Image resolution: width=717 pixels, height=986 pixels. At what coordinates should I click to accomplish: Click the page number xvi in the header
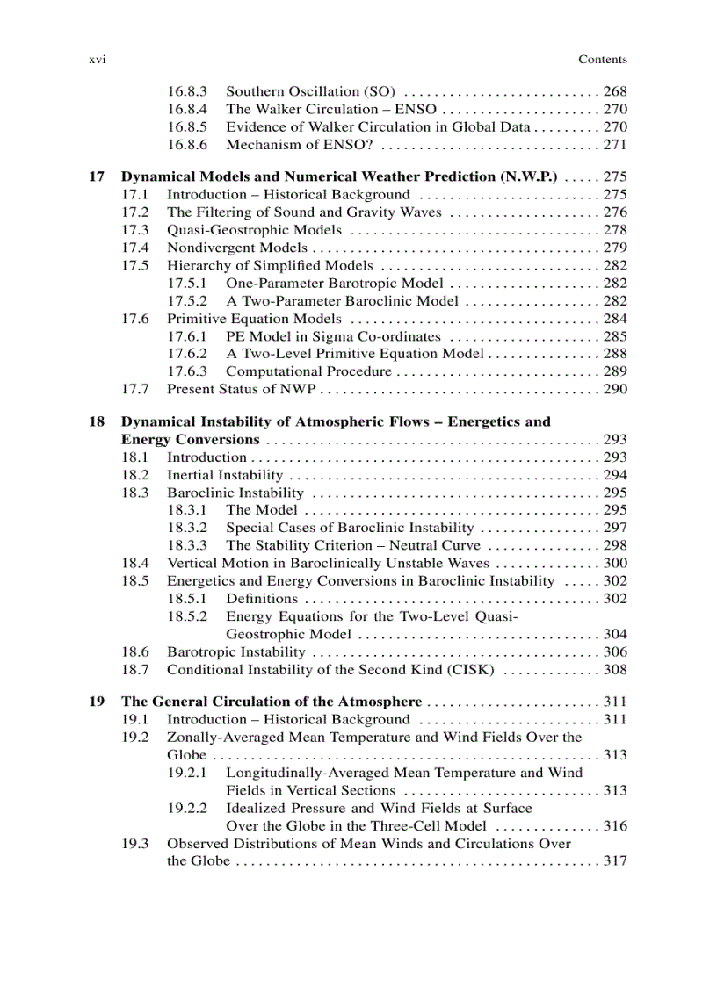[x=98, y=60]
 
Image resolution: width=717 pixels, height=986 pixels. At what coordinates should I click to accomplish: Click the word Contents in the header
[x=602, y=60]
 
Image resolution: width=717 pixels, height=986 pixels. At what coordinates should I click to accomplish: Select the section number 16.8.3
[x=187, y=91]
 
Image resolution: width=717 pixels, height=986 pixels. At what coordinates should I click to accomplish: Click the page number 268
[x=615, y=91]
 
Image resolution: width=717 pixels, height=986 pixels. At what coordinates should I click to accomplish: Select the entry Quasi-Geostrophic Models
[x=254, y=230]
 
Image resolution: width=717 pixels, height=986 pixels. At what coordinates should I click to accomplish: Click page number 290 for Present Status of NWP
[x=615, y=389]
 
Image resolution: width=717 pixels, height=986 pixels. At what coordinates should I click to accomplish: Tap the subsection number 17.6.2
[x=187, y=354]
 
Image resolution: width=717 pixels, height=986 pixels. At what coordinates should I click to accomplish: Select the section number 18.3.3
[x=187, y=545]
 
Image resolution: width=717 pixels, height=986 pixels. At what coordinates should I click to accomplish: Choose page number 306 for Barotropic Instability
[x=615, y=652]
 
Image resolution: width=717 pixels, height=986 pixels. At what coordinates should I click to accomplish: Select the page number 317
[x=615, y=861]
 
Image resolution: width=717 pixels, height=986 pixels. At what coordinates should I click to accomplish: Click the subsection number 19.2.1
[x=187, y=773]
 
